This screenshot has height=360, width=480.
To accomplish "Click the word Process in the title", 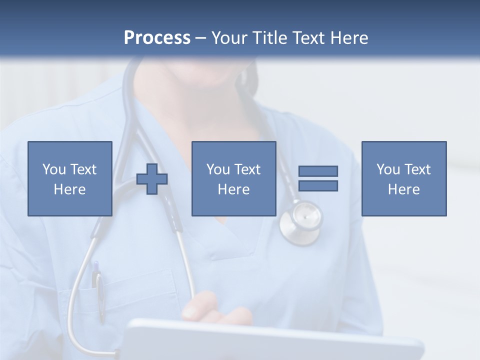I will (157, 38).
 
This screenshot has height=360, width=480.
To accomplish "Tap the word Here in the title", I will (349, 38).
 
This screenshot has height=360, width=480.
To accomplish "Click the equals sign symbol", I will (318, 178).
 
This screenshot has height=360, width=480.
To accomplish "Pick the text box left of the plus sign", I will (70, 178).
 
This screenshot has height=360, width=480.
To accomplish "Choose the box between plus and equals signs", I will (234, 178).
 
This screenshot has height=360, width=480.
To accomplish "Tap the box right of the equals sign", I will (404, 178).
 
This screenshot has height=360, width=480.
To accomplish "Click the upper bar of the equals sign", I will (318, 171).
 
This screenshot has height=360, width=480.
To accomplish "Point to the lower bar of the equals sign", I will (318, 185).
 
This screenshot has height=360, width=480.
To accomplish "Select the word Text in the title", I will (308, 38).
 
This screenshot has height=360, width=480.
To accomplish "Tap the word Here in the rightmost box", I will (404, 189).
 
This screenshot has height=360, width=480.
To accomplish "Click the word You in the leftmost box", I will (54, 169).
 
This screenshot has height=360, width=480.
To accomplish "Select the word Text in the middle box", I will (247, 169).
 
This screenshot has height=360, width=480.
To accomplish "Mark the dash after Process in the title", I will (200, 38).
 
